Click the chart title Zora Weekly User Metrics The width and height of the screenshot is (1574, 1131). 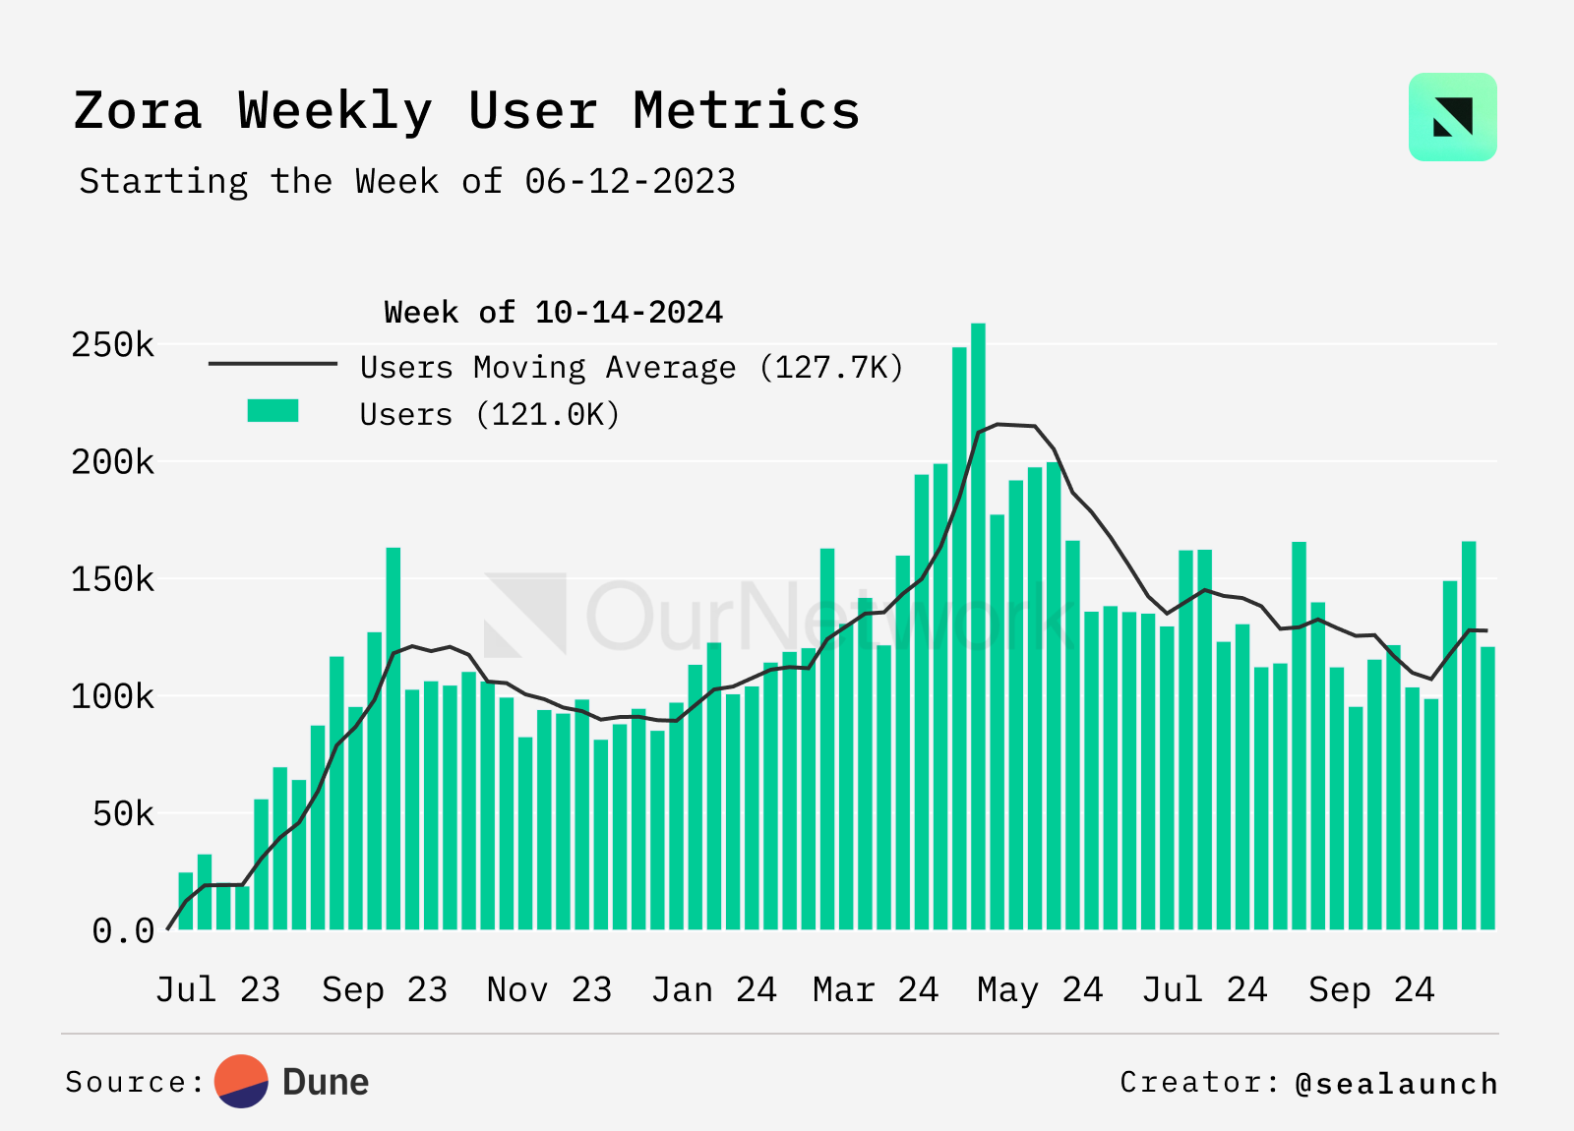466,110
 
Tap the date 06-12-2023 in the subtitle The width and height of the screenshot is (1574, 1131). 630,182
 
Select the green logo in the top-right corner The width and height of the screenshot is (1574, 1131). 1452,117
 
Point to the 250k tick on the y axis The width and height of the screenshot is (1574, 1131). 112,345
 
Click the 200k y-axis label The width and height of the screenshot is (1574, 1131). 112,462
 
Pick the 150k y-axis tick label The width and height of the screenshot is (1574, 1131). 112,579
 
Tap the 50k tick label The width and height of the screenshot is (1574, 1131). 123,814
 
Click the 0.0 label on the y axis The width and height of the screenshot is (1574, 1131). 123,930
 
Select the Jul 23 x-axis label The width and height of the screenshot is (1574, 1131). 217,989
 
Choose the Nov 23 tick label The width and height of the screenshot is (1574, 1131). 549,989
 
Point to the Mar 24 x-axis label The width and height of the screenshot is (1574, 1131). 876,989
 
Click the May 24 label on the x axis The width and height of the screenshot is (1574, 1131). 1040,989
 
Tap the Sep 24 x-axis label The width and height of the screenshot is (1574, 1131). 1371,989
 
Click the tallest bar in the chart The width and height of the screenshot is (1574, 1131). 978,629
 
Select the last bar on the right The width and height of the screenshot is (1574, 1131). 1487,787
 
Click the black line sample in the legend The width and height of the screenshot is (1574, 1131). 272,364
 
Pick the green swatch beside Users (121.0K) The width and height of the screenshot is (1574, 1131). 272,411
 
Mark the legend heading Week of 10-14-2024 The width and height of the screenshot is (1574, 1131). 553,313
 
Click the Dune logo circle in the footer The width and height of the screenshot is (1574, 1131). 242,1082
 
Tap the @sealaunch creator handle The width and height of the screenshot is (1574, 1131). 1397,1083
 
